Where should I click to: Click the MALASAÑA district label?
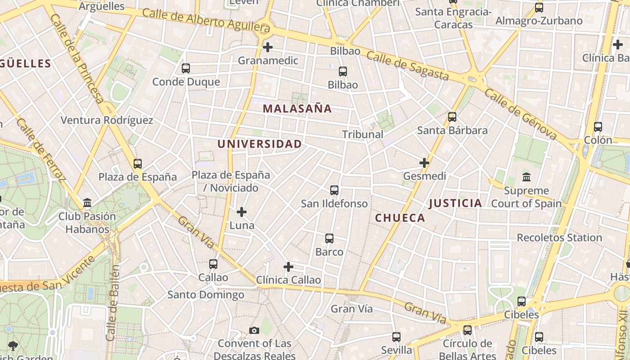tap(297, 108)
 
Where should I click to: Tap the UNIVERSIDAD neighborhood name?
tap(260, 144)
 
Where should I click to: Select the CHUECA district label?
tap(400, 218)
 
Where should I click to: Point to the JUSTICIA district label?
tap(455, 203)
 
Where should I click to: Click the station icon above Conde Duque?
tap(186, 68)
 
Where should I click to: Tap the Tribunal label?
tap(363, 134)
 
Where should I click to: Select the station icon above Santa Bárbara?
tap(452, 117)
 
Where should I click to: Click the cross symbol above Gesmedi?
tap(424, 162)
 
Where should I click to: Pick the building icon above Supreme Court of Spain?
tap(526, 177)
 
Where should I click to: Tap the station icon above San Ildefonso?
tap(334, 190)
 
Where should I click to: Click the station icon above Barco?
tap(329, 238)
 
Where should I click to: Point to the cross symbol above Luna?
tap(242, 211)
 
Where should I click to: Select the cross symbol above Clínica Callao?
tap(288, 267)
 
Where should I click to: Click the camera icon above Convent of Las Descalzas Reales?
tap(254, 331)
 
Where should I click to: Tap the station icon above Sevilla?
tap(396, 337)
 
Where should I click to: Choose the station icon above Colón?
tap(598, 127)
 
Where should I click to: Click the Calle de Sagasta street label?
tap(408, 66)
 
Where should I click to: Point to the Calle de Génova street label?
tap(521, 114)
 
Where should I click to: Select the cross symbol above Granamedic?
tap(268, 47)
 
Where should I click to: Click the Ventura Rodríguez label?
tap(107, 120)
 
